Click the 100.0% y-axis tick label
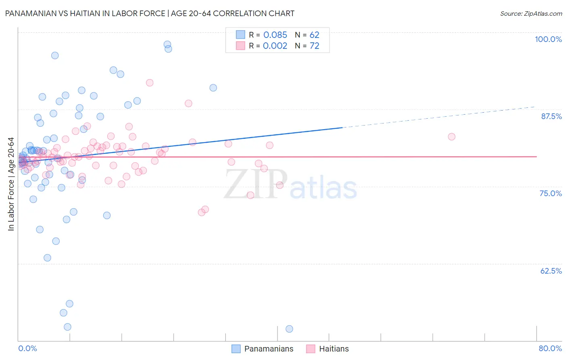(x=548, y=39)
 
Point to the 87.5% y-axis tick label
(x=551, y=116)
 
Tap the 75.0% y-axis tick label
(x=550, y=193)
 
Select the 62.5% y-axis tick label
(x=551, y=271)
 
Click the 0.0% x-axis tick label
(x=27, y=348)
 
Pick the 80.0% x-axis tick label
(x=550, y=348)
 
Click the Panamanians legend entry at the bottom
(x=269, y=349)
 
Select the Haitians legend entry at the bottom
(x=334, y=349)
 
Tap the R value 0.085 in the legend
(x=275, y=35)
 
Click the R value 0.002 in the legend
(x=275, y=46)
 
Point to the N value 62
(x=314, y=35)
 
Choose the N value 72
(x=314, y=46)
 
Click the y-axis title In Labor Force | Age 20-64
(x=11, y=184)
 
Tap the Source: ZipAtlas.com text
(x=531, y=14)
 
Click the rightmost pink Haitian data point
(x=452, y=137)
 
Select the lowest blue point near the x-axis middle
(x=289, y=329)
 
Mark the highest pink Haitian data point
(x=150, y=83)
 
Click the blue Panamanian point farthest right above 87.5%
(x=213, y=88)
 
